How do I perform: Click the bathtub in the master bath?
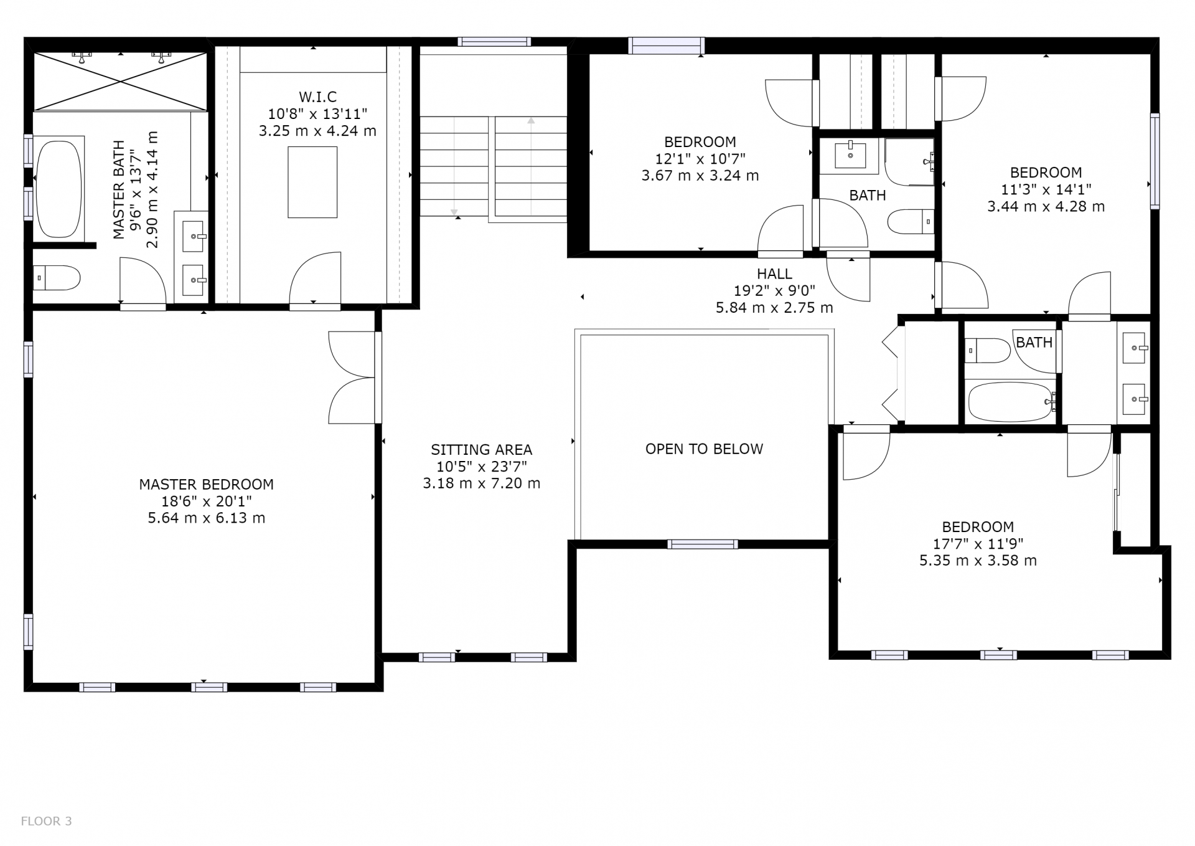59,189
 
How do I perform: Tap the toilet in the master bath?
57,278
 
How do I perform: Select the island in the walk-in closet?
312,182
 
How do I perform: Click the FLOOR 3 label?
47,821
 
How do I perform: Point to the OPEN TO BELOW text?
704,449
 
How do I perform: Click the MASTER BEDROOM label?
206,484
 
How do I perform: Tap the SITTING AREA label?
481,450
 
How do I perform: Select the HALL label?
774,273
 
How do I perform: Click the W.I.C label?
317,97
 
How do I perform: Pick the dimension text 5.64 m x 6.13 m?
206,518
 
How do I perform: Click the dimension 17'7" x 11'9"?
978,544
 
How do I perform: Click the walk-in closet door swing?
315,278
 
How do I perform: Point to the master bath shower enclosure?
119,82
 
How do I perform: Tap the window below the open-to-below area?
703,544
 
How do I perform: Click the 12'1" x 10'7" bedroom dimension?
700,159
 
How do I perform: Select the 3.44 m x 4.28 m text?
1046,206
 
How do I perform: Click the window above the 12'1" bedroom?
666,45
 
